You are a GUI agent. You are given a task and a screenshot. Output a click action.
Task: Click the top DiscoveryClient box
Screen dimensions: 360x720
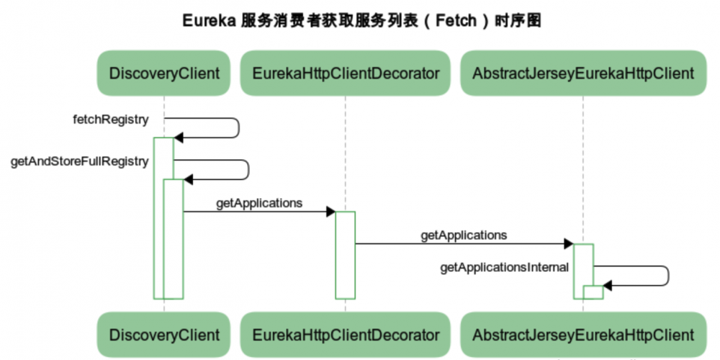[x=164, y=73]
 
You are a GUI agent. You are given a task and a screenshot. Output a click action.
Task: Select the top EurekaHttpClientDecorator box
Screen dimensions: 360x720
[x=346, y=73]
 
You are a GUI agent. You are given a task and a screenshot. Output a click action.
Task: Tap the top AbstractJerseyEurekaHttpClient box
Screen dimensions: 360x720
[x=583, y=73]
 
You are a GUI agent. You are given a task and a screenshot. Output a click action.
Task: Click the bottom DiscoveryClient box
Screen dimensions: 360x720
[x=164, y=335]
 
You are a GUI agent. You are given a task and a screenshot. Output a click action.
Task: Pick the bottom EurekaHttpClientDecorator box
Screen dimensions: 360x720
[x=346, y=335]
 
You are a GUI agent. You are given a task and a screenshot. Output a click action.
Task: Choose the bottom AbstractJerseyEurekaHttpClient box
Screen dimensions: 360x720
[x=583, y=335]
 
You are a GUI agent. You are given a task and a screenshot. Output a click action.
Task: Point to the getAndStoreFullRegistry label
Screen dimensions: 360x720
[x=79, y=161]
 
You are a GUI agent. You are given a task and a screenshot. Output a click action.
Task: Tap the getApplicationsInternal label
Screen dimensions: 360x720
[x=504, y=268]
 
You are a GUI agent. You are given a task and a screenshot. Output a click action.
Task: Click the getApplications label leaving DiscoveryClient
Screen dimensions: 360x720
[x=259, y=203]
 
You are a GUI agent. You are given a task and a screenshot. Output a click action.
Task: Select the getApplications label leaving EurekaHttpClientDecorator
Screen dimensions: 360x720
[x=464, y=235]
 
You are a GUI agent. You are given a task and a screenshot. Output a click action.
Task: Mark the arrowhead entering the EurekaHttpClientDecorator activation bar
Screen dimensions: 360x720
[x=330, y=212]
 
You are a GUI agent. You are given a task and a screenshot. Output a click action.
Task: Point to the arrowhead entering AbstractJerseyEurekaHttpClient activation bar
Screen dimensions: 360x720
[x=568, y=244]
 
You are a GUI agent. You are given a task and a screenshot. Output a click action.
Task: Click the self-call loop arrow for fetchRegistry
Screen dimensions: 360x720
[x=237, y=128]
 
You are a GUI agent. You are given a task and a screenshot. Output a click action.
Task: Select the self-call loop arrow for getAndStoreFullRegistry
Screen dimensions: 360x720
[x=247, y=170]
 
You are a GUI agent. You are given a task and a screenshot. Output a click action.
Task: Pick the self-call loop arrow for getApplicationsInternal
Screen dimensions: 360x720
[x=667, y=276]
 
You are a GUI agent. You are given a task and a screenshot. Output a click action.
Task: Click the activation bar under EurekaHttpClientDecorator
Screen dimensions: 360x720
[x=345, y=255]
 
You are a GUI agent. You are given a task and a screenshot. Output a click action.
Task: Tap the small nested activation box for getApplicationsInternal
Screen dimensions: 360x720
[x=593, y=292]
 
